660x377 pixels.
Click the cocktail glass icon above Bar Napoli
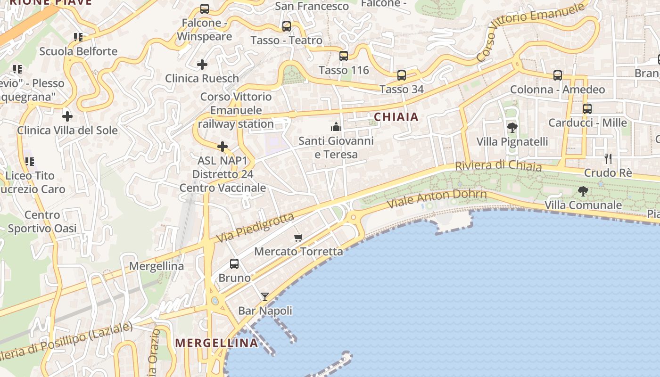pos(265,297)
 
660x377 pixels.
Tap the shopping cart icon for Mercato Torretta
pos(298,238)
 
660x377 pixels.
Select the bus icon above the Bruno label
pos(234,264)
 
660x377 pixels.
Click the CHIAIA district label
pos(396,117)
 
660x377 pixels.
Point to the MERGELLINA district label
pos(217,343)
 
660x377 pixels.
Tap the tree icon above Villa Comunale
pos(583,191)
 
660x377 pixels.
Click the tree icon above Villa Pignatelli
pos(512,127)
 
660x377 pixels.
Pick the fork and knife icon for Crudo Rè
pos(608,158)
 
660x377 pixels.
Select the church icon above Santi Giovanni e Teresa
pos(336,126)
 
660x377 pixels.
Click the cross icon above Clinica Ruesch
pos(202,64)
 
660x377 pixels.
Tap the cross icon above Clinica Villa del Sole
pos(67,116)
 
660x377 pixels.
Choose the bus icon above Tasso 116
pos(344,56)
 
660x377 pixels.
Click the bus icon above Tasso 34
pos(402,75)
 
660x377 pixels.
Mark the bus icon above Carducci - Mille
pos(587,108)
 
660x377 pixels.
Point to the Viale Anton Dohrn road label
pos(437,199)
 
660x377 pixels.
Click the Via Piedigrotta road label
pos(255,229)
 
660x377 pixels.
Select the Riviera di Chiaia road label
pos(498,166)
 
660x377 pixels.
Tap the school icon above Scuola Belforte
pos(78,37)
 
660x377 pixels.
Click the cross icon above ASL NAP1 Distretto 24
pos(223,147)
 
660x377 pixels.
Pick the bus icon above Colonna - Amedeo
pos(558,75)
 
